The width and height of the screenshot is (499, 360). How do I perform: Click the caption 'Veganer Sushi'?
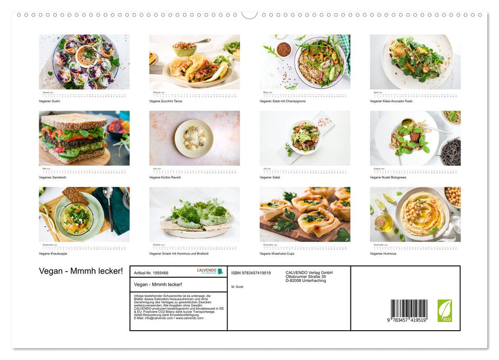49,101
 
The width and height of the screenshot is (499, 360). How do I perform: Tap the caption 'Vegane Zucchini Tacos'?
165,101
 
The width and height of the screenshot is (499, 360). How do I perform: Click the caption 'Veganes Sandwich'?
52,177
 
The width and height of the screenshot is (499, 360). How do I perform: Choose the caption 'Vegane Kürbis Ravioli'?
165,177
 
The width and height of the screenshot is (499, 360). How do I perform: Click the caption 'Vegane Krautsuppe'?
53,254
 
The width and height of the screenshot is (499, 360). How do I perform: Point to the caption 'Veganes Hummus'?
382,254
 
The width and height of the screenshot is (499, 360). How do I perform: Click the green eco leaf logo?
445,311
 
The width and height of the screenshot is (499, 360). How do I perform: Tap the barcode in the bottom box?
409,310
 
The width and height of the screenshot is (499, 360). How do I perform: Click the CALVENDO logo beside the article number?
210,272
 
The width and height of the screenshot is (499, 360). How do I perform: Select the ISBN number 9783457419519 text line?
251,273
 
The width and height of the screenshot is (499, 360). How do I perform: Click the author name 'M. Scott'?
237,286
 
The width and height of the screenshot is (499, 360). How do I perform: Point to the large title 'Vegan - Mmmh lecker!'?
81,271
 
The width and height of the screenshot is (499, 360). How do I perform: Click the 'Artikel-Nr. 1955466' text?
151,273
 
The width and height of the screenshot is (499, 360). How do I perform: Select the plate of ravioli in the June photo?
194,138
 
